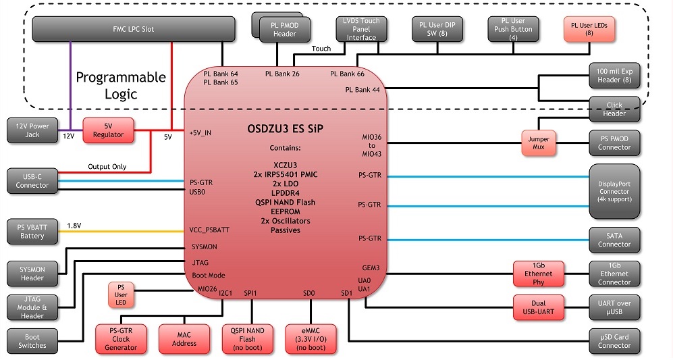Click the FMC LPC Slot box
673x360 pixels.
[134, 29]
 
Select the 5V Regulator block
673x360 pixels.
[108, 129]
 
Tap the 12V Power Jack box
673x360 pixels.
[32, 130]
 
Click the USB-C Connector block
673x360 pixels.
[32, 180]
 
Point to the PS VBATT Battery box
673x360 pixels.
[32, 232]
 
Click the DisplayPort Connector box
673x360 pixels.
[614, 191]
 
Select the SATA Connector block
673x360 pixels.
[614, 239]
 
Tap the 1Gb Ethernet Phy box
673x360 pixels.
[538, 274]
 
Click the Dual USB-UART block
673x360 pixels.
[538, 307]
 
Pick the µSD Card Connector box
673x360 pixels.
[614, 340]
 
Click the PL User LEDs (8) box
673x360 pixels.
[589, 29]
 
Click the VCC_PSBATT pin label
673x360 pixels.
[210, 230]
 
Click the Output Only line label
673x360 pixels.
[107, 167]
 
